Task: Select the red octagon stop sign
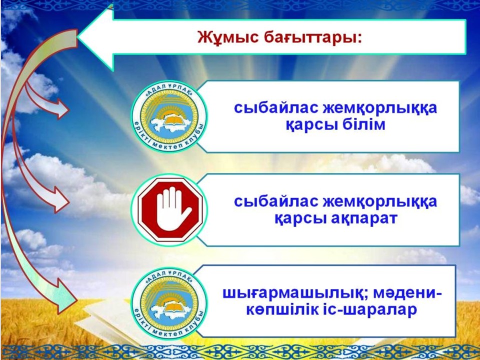[170, 209]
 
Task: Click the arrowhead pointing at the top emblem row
[63, 109]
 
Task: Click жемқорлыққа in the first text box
[380, 108]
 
